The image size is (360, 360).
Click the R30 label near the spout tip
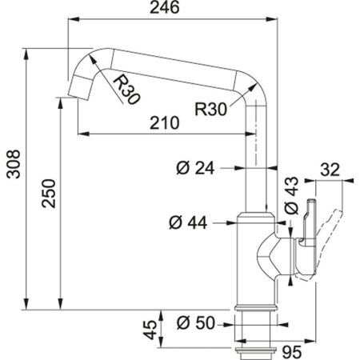[x=127, y=89]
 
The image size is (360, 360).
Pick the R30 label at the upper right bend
[x=211, y=106]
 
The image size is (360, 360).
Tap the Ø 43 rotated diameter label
[x=293, y=196]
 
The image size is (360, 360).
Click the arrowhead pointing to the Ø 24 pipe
[x=238, y=168]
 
